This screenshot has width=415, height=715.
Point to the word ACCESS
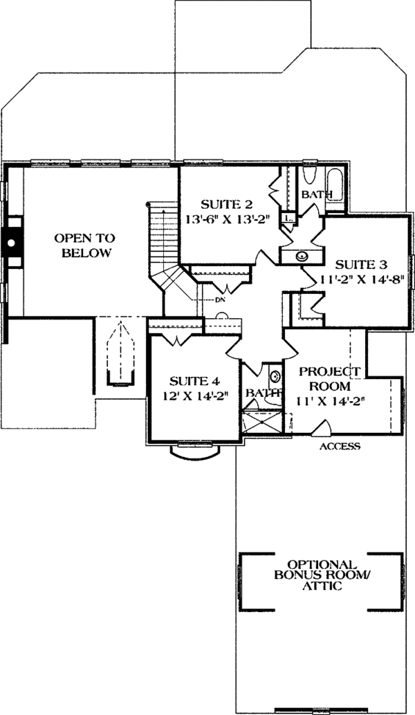339,447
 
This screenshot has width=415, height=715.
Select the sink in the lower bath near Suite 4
275,377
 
